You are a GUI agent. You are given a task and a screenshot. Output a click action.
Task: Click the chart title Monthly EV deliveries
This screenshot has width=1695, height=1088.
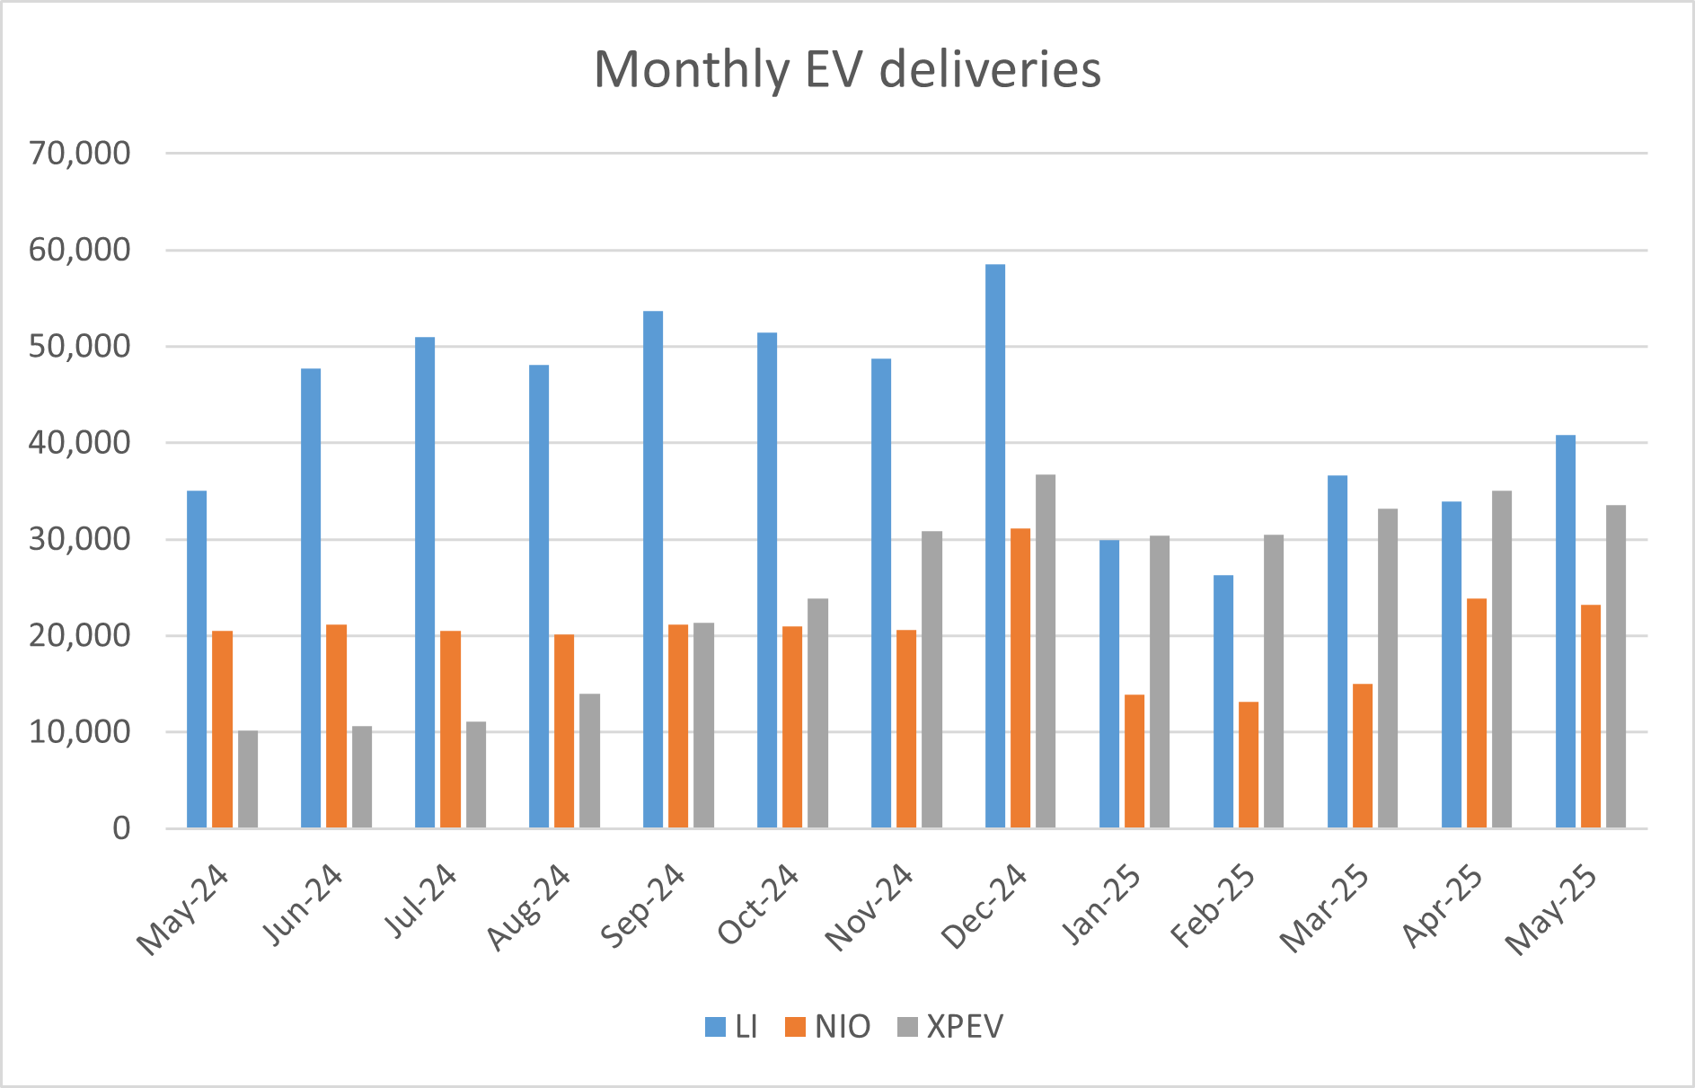[x=847, y=69]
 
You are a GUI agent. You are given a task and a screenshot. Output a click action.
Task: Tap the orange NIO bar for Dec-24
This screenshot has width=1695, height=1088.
[x=1020, y=678]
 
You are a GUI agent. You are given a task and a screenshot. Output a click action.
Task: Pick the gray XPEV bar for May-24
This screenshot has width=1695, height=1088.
[x=248, y=779]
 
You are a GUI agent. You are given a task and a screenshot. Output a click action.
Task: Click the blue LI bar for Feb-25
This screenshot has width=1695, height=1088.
[x=1223, y=701]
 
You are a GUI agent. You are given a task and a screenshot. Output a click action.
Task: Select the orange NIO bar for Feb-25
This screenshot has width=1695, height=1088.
[x=1249, y=765]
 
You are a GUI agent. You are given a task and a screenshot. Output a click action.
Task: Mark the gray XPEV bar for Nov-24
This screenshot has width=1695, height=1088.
[x=931, y=679]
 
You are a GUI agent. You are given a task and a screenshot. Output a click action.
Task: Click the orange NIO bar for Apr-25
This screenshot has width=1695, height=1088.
[x=1477, y=712]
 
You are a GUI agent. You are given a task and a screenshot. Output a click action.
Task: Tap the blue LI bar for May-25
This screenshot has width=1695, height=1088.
[x=1566, y=631]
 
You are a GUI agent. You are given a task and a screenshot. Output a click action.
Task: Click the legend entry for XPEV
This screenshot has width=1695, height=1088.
[x=951, y=1027]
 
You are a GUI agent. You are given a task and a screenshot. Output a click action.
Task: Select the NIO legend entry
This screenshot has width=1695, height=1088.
[x=828, y=1027]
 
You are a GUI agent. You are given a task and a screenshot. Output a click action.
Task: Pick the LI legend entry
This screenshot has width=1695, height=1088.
[x=731, y=1027]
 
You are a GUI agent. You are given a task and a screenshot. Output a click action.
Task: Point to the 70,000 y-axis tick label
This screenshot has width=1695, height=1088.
[x=79, y=154]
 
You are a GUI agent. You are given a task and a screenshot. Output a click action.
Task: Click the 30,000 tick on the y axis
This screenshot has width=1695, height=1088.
[x=79, y=539]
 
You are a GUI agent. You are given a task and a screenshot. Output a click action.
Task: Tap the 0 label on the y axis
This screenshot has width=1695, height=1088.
[x=120, y=828]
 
